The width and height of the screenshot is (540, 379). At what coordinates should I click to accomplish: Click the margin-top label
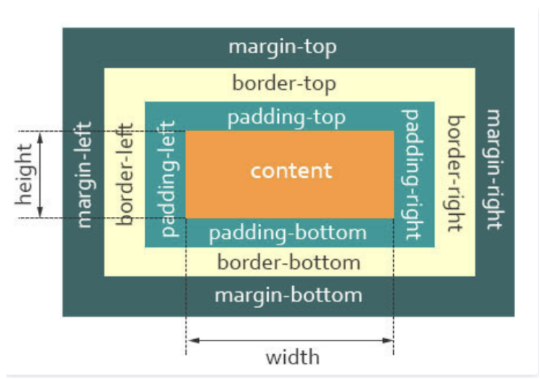pyautogui.click(x=282, y=48)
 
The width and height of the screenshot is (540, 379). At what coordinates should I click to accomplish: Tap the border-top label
pyautogui.click(x=284, y=84)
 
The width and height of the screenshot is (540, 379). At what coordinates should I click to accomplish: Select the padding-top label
pyautogui.click(x=286, y=117)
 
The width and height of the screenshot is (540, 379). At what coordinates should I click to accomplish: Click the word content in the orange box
pyautogui.click(x=291, y=170)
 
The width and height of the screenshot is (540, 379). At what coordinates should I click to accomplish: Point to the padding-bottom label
pyautogui.click(x=287, y=234)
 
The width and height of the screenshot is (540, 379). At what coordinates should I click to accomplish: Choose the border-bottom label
pyautogui.click(x=288, y=262)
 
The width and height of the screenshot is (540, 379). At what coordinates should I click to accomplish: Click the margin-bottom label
pyautogui.click(x=288, y=295)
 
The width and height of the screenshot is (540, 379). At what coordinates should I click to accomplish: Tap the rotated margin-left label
pyautogui.click(x=84, y=174)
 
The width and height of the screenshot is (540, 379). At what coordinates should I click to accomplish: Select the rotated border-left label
pyautogui.click(x=125, y=175)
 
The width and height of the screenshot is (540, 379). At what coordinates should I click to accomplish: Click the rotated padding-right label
pyautogui.click(x=411, y=175)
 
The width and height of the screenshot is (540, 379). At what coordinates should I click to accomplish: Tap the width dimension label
pyautogui.click(x=292, y=357)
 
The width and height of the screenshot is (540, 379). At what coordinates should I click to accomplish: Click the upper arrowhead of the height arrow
pyautogui.click(x=41, y=136)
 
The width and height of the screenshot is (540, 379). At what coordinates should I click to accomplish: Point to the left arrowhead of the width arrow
pyautogui.click(x=191, y=340)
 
